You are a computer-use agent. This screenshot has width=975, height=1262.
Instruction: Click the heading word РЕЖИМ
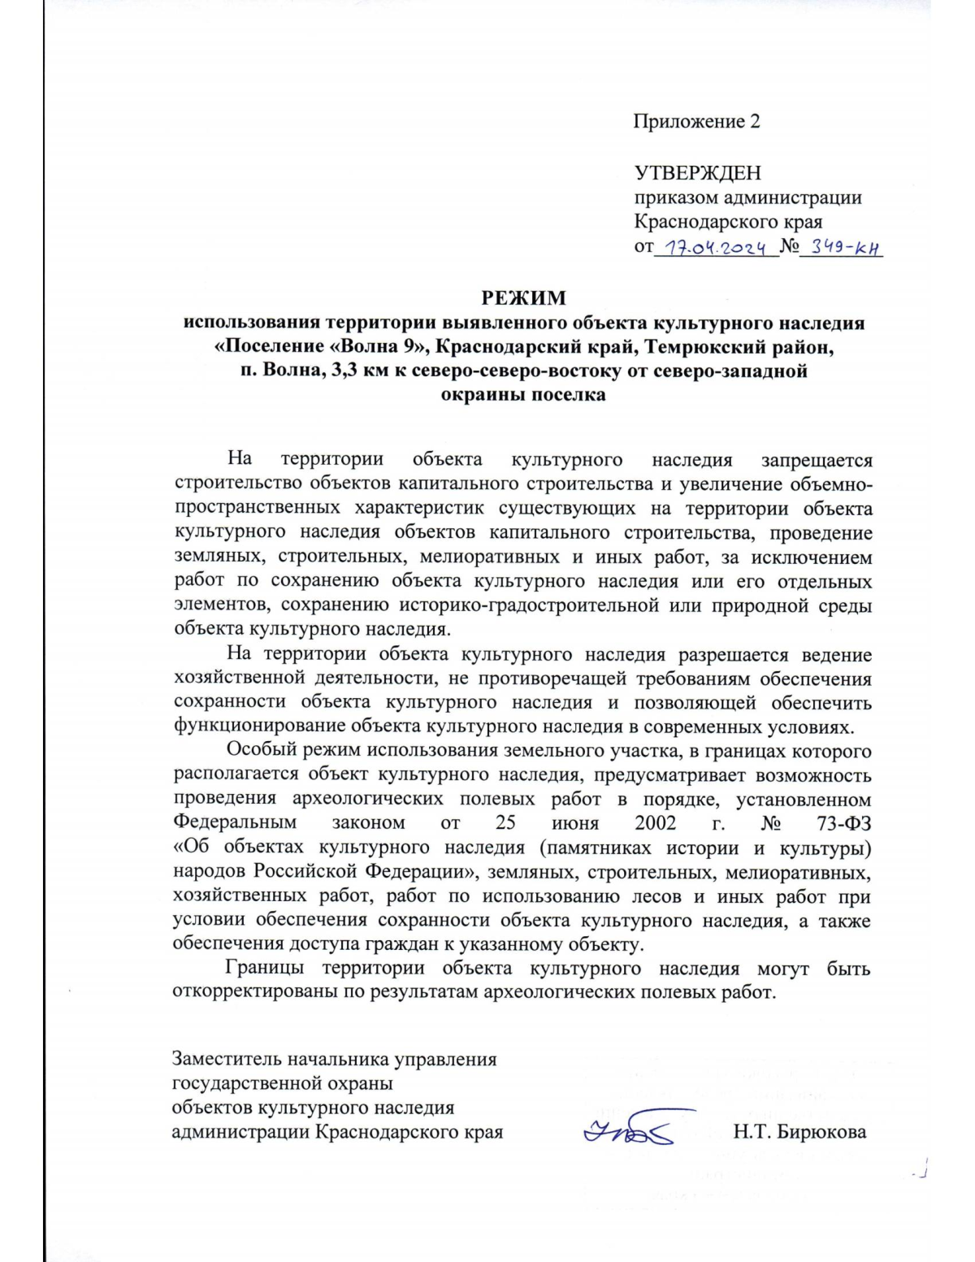click(523, 297)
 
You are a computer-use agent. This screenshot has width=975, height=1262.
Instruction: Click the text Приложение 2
click(697, 122)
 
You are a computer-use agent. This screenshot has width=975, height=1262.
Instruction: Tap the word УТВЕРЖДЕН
click(697, 173)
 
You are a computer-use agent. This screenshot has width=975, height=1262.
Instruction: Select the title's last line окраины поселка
click(523, 396)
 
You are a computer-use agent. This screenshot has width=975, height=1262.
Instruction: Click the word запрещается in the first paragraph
click(816, 460)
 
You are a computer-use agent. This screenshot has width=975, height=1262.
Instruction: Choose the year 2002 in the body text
click(655, 822)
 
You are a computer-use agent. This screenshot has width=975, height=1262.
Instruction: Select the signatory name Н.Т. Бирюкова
click(799, 1132)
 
